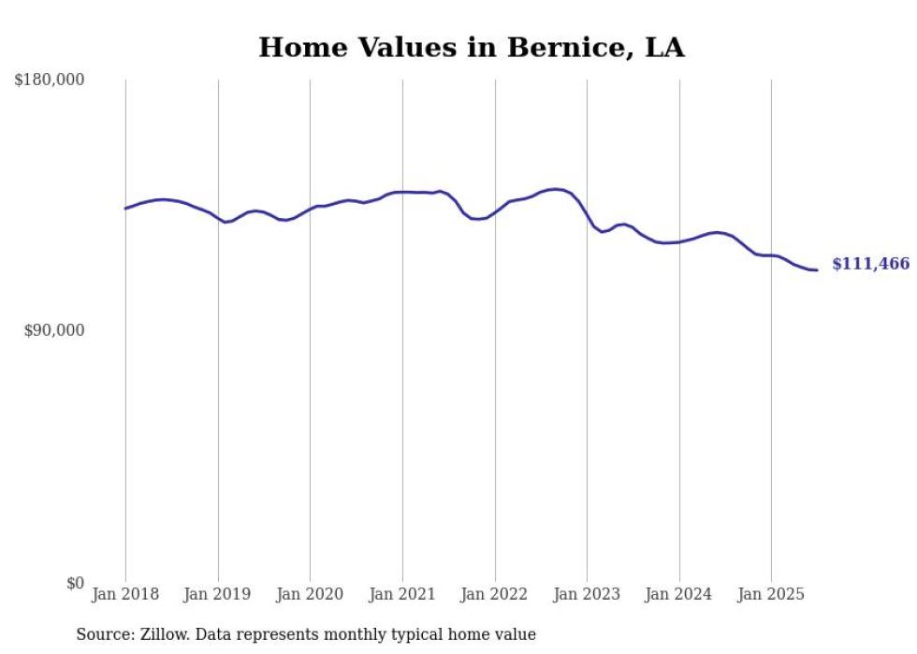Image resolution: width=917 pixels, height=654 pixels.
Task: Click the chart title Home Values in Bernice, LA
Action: click(x=471, y=48)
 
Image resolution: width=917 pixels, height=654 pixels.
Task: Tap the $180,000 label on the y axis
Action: click(x=50, y=80)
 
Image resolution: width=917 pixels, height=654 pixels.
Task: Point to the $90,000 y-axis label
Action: click(x=54, y=330)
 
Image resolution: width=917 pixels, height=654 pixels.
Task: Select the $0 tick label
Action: click(x=76, y=582)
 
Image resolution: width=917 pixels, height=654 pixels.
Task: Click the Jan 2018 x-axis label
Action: click(x=125, y=594)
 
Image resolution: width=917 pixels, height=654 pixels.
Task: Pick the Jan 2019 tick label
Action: click(x=218, y=594)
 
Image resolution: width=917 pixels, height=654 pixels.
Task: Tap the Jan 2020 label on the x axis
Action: click(x=310, y=594)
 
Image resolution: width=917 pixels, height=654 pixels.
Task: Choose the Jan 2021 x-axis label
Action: click(x=402, y=594)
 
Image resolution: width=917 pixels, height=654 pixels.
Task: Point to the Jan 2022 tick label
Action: click(x=495, y=594)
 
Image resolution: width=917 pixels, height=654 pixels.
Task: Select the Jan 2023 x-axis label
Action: click(x=587, y=594)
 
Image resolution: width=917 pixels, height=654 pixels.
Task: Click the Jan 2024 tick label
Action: click(x=679, y=594)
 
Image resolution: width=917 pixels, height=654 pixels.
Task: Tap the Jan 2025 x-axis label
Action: click(x=771, y=594)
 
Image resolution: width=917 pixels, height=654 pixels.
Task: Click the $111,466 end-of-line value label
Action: click(x=870, y=265)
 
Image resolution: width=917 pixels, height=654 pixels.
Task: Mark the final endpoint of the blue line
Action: click(x=817, y=270)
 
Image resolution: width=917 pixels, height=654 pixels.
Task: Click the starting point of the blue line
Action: click(x=125, y=209)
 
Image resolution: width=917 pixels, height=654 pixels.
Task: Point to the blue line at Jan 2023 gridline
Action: click(x=587, y=214)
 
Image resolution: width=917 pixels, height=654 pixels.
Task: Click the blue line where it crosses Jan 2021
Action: click(x=402, y=192)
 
